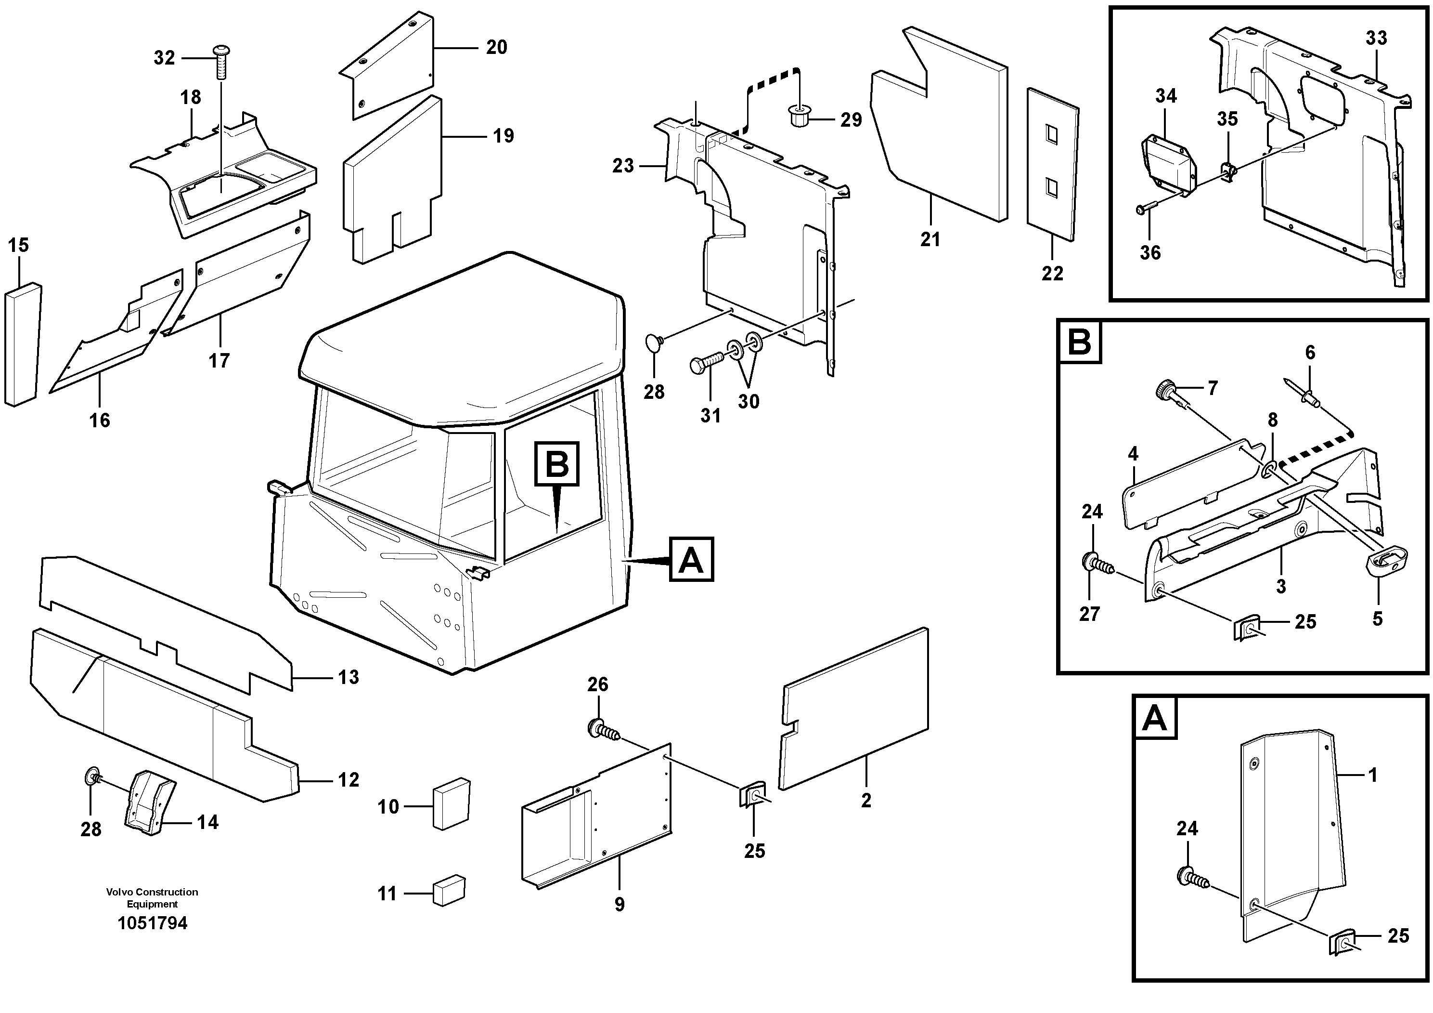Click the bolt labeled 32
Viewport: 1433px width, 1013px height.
pos(221,61)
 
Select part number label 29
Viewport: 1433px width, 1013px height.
pos(851,120)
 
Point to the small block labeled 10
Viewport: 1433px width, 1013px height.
pos(451,804)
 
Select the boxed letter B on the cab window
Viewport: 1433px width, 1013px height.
pos(557,463)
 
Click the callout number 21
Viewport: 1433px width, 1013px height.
pos(930,240)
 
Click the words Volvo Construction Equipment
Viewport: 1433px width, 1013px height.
pos(152,898)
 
